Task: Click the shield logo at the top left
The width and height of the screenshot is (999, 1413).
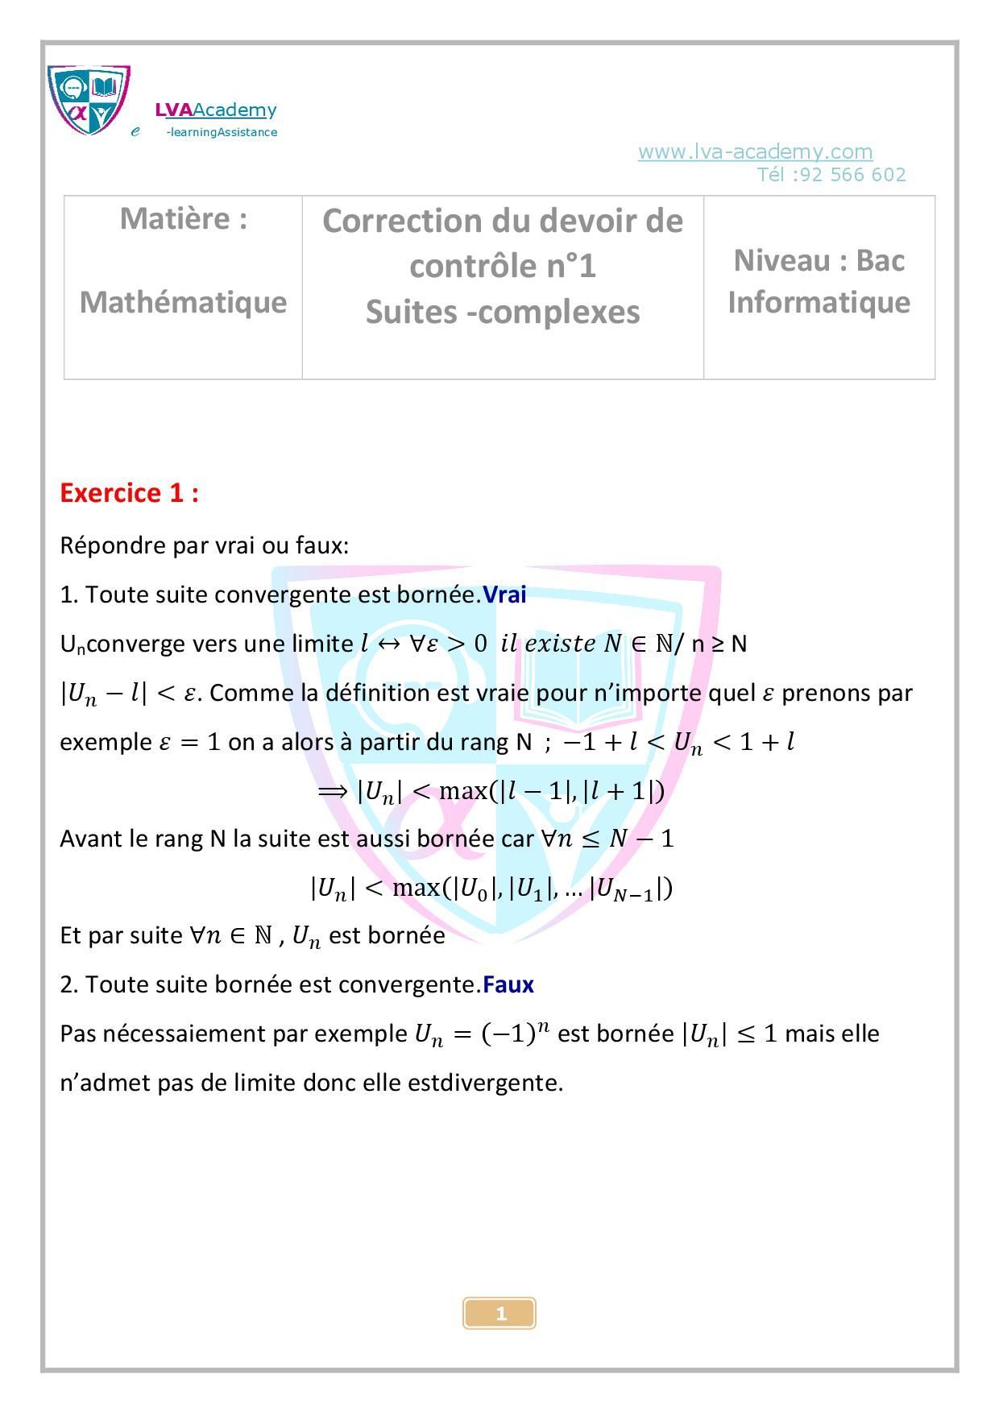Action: point(89,100)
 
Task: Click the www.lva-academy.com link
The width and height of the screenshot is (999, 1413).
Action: point(755,151)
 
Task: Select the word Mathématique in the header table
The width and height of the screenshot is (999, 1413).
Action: point(183,302)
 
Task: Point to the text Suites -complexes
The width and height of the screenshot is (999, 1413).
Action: point(503,312)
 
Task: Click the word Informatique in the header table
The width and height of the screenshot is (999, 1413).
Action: point(819,302)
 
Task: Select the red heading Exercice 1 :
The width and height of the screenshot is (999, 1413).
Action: point(129,492)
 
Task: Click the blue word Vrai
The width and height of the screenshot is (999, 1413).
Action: point(504,595)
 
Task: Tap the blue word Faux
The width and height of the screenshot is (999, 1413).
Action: point(508,984)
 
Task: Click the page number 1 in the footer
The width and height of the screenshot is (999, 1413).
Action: point(500,1314)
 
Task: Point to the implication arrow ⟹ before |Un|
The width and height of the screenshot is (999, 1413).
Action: point(333,790)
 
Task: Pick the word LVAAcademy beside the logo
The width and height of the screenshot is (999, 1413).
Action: point(216,110)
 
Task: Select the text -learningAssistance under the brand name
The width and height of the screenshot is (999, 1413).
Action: point(222,132)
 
